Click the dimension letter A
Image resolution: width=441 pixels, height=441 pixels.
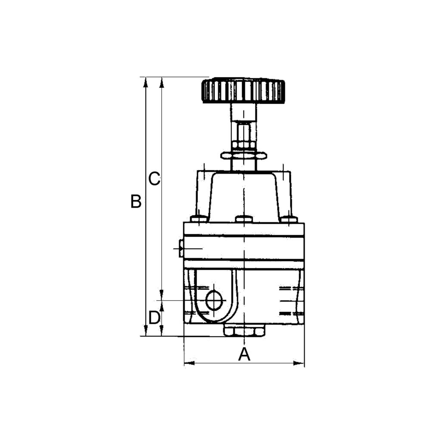(244, 354)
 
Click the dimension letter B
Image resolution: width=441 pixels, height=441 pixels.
(136, 202)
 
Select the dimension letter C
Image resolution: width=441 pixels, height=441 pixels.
(154, 179)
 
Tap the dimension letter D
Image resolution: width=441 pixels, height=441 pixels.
(154, 318)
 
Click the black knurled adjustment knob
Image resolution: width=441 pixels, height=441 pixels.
(243, 91)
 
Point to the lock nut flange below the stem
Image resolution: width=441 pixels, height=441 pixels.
(243, 155)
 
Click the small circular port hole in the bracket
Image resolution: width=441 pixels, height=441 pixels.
(214, 301)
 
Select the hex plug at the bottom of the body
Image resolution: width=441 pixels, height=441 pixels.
(244, 331)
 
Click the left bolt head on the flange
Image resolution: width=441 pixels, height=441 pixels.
(199, 219)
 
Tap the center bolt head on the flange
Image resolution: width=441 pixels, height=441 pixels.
(244, 219)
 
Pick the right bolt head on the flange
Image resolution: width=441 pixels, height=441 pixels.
(289, 219)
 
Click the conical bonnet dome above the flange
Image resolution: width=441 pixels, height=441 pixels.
(244, 194)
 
